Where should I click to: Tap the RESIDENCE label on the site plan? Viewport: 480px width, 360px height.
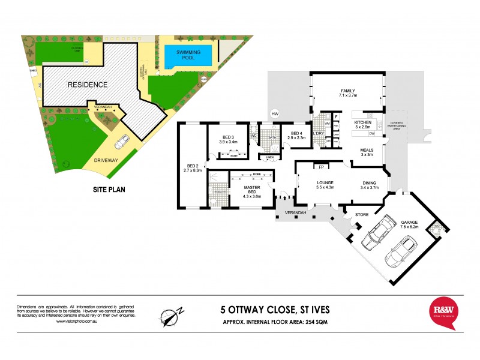pyautogui.click(x=87, y=85)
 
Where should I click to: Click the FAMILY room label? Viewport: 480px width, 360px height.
pyautogui.click(x=347, y=91)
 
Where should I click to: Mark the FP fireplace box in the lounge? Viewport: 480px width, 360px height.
pyautogui.click(x=321, y=167)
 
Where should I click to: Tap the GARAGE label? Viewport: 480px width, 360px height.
pyautogui.click(x=410, y=223)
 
